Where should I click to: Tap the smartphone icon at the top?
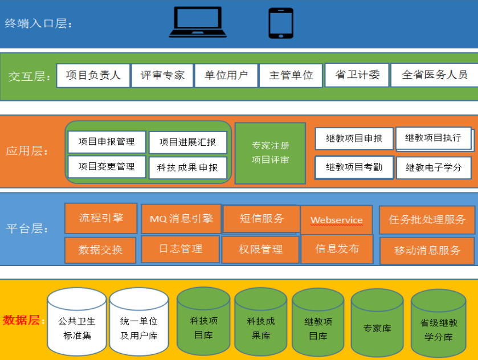280,23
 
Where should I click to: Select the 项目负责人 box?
93,75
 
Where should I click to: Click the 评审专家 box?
162,75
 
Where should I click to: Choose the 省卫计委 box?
357,75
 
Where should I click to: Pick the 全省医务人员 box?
434,75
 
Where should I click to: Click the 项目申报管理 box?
107,142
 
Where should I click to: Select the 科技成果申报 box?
187,168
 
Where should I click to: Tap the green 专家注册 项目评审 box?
270,153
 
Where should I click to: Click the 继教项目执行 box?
433,138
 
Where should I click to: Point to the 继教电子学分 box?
434,167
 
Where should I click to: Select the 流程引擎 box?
101,218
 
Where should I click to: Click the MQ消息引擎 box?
181,219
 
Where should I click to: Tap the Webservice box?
336,220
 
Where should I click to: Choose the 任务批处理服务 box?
427,220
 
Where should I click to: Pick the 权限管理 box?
260,249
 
